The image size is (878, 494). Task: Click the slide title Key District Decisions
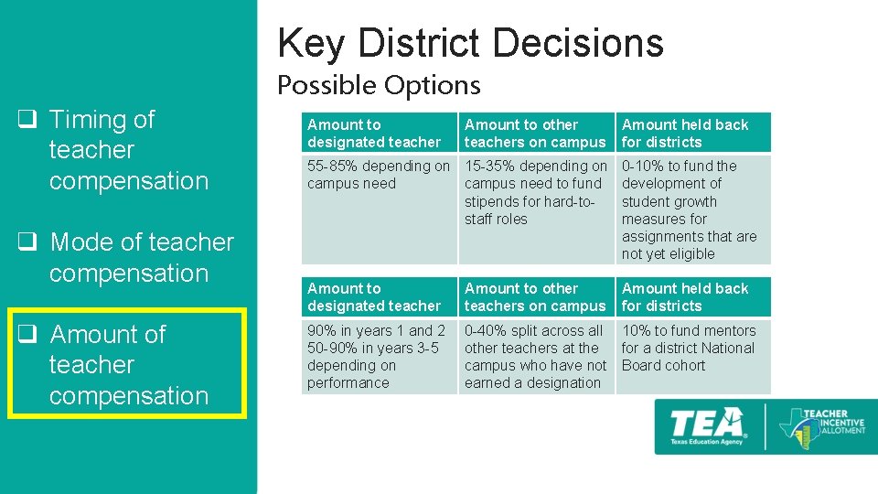[x=470, y=43]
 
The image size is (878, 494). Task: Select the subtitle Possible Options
[x=379, y=85]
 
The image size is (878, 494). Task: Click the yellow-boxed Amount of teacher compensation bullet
[x=128, y=365]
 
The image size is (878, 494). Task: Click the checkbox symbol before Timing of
[x=28, y=120]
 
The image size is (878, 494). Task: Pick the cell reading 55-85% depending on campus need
[x=379, y=175]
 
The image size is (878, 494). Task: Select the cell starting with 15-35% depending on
[x=535, y=192]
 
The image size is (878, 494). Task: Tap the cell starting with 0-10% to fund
[x=691, y=209]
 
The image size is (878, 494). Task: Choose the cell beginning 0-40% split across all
[x=535, y=357]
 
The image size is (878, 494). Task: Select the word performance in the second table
[x=348, y=383]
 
